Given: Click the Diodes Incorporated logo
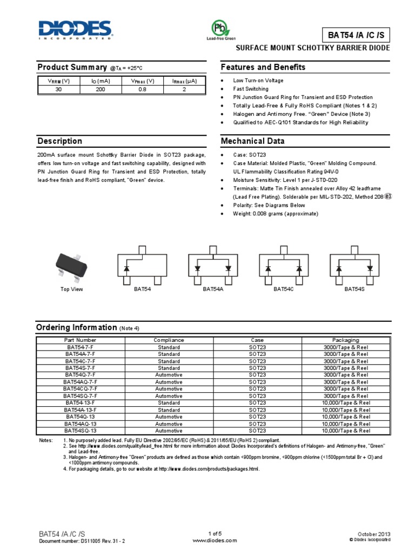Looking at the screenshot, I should pyautogui.click(x=75, y=30).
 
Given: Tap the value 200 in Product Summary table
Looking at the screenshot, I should pyautogui.click(x=101, y=90).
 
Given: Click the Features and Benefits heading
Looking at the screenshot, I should pyautogui.click(x=263, y=67).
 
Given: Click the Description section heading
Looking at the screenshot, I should pyautogui.click(x=59, y=141).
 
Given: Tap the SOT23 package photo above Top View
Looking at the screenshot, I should pyautogui.click(x=71, y=265).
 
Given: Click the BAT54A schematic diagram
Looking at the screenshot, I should pyautogui.click(x=212, y=266).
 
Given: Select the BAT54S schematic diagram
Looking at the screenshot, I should pyautogui.click(x=355, y=266).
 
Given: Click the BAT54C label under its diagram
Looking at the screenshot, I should pyautogui.click(x=283, y=290).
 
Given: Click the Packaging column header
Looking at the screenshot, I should pyautogui.click(x=346, y=340).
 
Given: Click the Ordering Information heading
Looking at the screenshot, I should pyautogui.click(x=76, y=328).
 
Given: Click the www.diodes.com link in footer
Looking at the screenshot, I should pyautogui.click(x=207, y=540).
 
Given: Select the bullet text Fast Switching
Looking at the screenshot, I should pyautogui.click(x=251, y=89).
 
